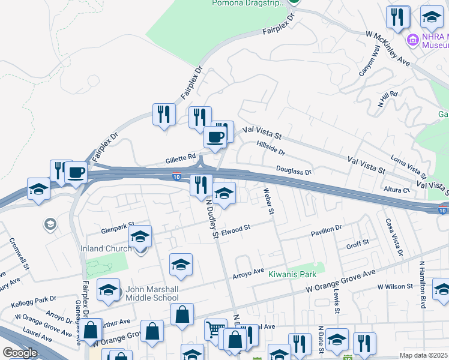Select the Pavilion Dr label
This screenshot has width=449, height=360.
coord(326,229)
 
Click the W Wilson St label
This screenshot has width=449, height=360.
coord(396,287)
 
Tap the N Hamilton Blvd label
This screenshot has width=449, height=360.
coord(423,285)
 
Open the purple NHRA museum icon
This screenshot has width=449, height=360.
coord(412,41)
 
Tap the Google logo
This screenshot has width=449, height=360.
coord(19,353)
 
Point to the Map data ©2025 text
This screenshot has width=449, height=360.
coord(423,355)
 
